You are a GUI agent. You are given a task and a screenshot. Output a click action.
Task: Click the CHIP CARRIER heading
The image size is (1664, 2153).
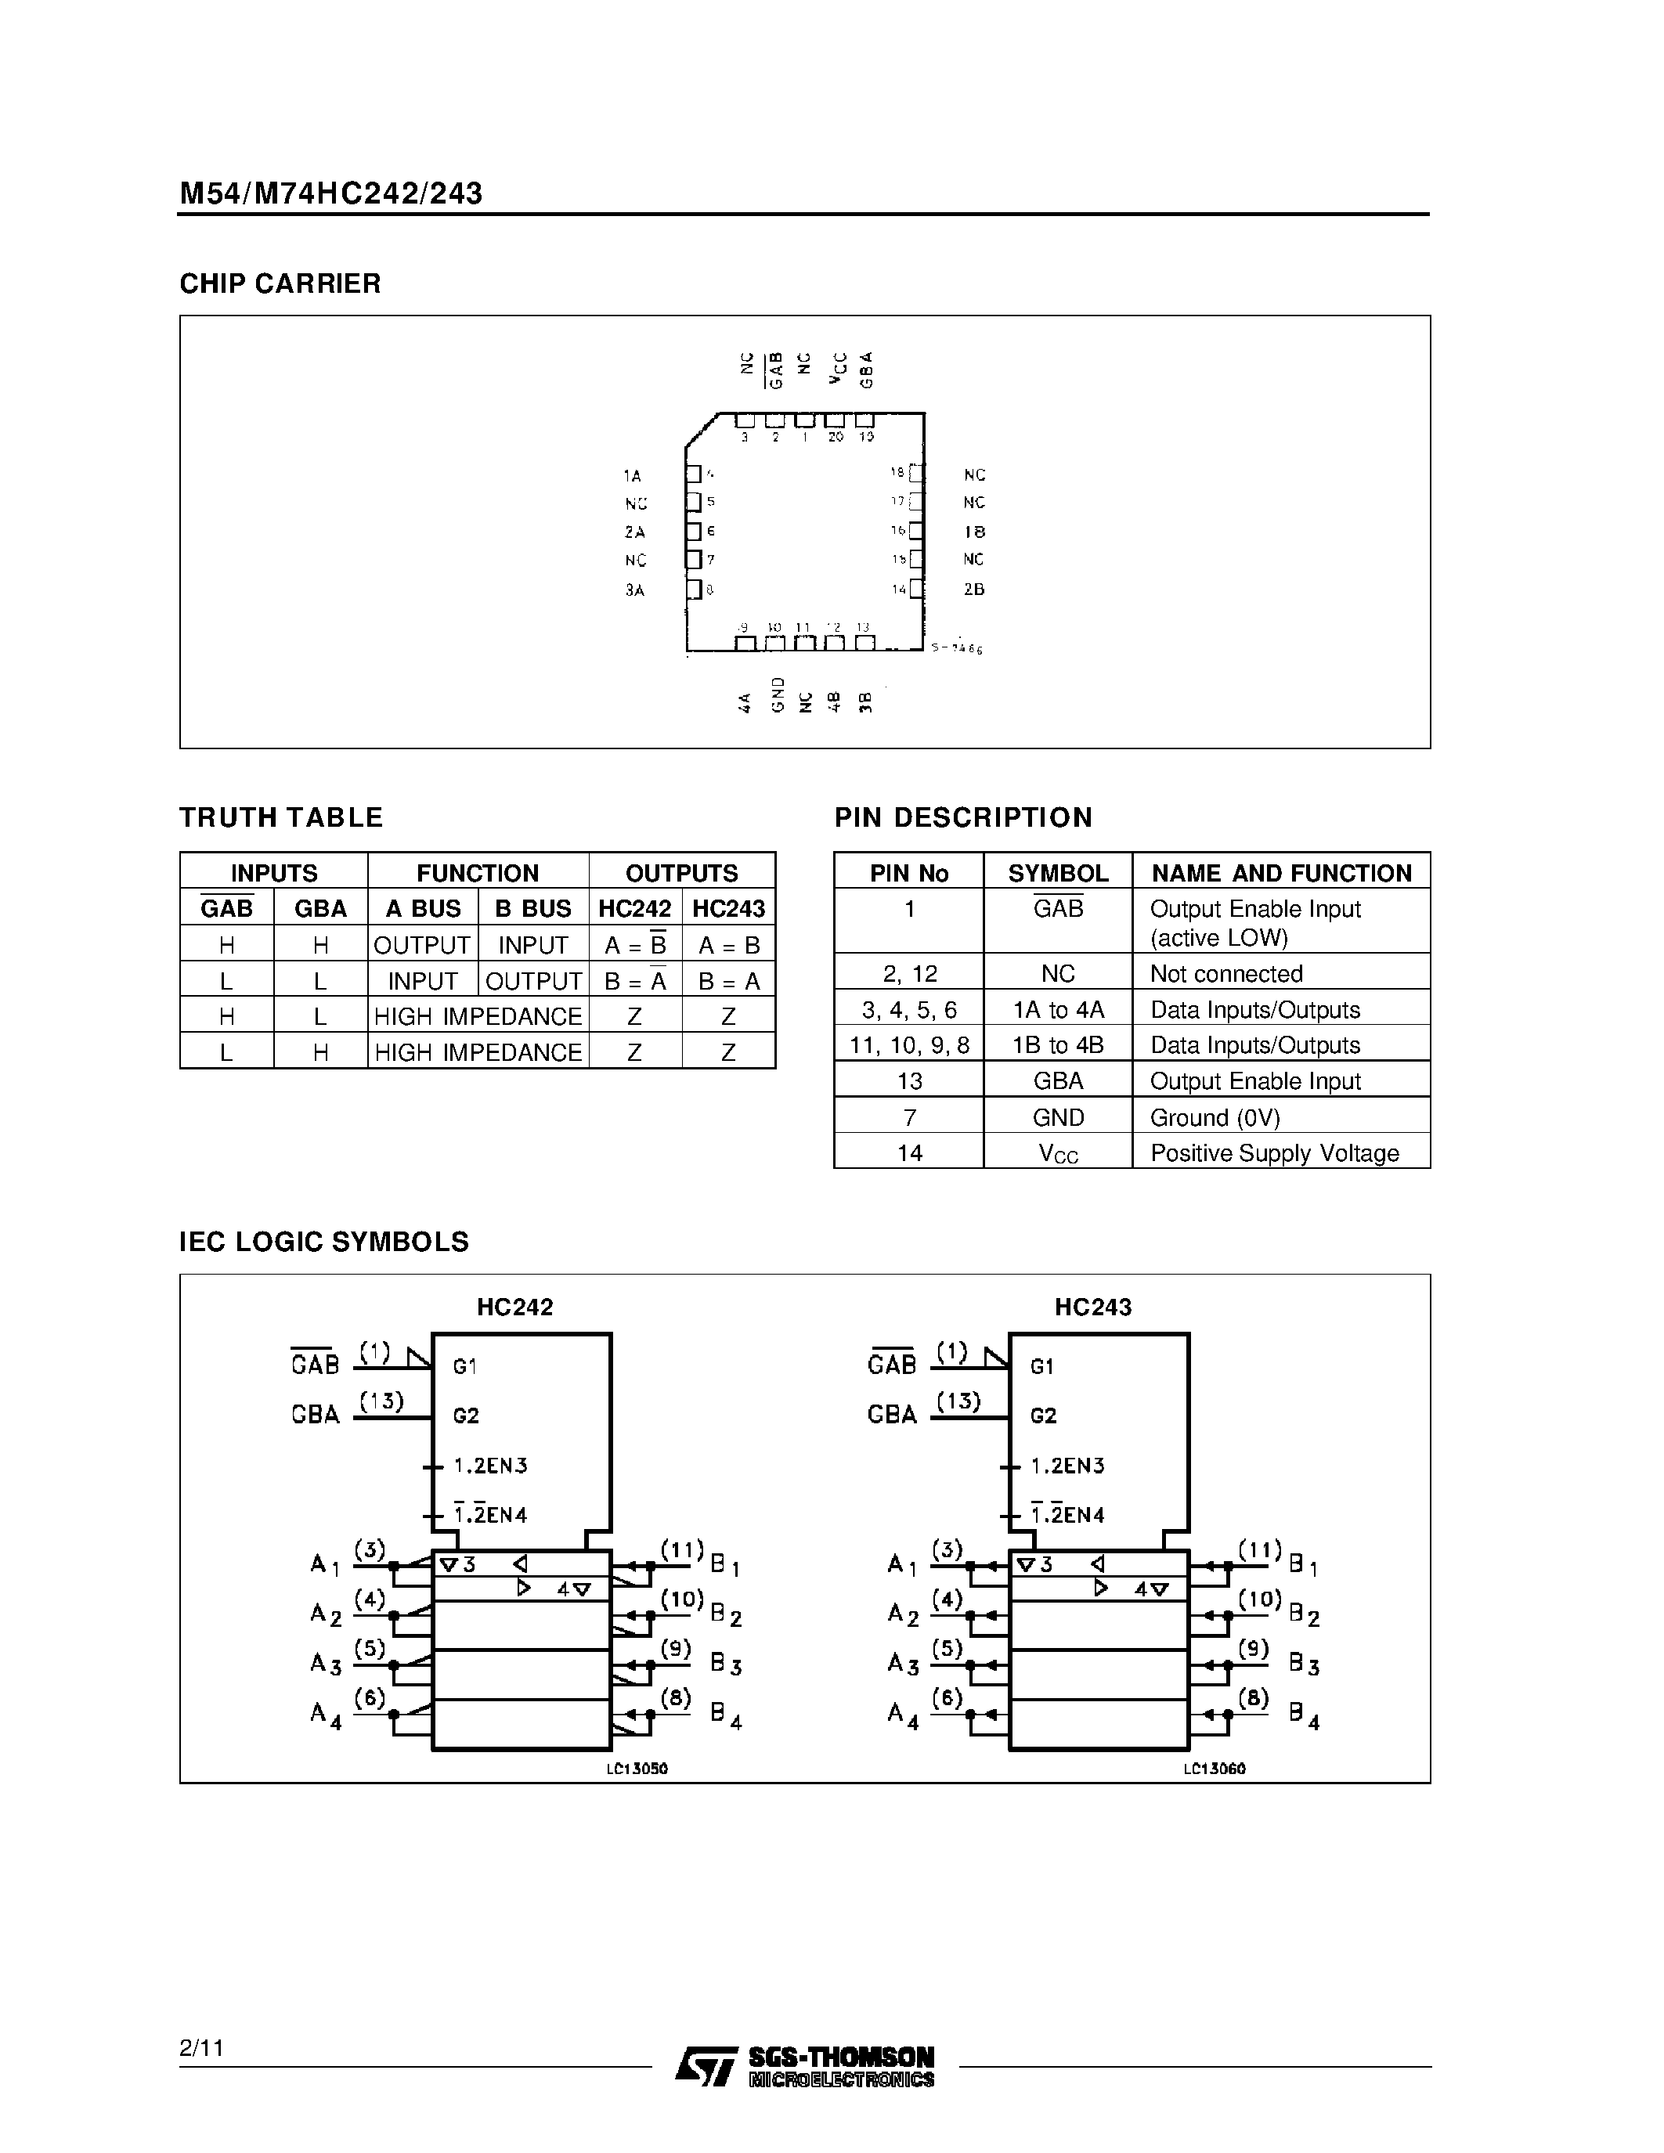pos(280,284)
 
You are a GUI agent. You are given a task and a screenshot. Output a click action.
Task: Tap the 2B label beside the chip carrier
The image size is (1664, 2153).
pos(974,590)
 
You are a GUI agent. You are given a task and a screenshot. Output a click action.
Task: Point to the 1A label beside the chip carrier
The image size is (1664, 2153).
pos(632,476)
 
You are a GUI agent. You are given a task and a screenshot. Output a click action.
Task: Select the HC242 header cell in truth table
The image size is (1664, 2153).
pos(635,908)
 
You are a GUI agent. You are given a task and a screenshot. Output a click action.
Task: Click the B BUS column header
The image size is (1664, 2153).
pos(532,908)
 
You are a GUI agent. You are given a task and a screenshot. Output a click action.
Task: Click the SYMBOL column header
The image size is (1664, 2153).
pos(1058,872)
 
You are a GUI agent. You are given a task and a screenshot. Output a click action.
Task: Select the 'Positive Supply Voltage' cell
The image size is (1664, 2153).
pos(1273,1152)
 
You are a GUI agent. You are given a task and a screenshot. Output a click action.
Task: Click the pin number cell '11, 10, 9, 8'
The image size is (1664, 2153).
pos(909,1045)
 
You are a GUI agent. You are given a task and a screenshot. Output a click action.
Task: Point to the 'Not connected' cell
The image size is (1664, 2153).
pos(1226,974)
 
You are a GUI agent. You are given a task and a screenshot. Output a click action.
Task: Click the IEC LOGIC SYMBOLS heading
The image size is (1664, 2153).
pos(323,1242)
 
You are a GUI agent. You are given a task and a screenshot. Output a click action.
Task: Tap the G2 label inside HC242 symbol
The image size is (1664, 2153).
pos(466,1415)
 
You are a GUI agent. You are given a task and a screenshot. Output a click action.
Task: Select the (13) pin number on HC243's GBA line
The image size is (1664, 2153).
pos(958,1400)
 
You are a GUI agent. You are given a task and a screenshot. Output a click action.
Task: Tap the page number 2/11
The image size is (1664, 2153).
pos(202,2047)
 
